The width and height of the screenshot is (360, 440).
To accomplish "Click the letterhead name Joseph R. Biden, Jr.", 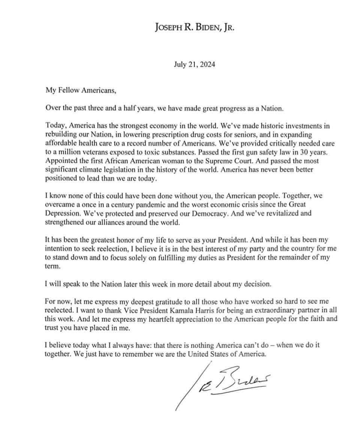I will [194, 27].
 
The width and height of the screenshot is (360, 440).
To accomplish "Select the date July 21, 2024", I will [194, 65].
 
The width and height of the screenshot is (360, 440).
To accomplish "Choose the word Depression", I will [62, 213].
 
